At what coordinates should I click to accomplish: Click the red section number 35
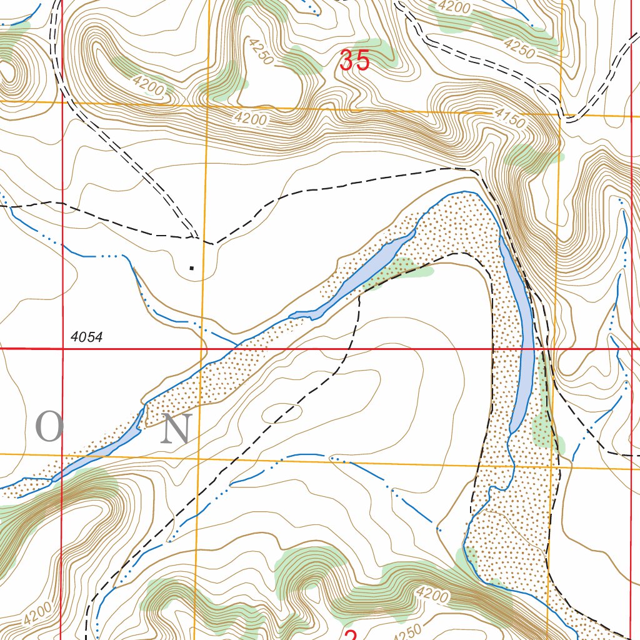354,61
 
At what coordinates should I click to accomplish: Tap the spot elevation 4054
86,337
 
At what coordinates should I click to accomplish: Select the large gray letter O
49,427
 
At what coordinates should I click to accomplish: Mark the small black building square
191,268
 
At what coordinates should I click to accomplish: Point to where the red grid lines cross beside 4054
62,348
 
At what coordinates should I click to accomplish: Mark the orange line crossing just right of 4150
561,115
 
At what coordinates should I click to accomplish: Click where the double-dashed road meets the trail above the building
197,238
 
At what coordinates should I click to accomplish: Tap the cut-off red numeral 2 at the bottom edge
350,634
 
